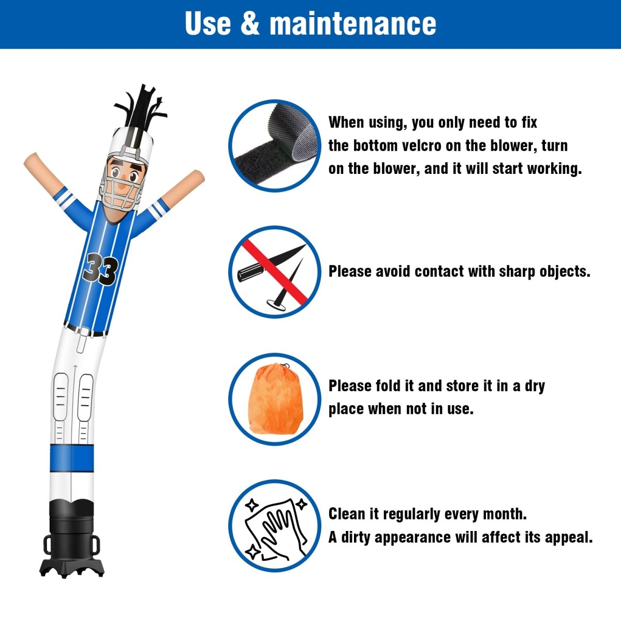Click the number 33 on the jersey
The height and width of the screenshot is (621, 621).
[100, 269]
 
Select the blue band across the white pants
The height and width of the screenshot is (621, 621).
[72, 458]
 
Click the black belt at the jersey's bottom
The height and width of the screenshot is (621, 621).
[85, 330]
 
